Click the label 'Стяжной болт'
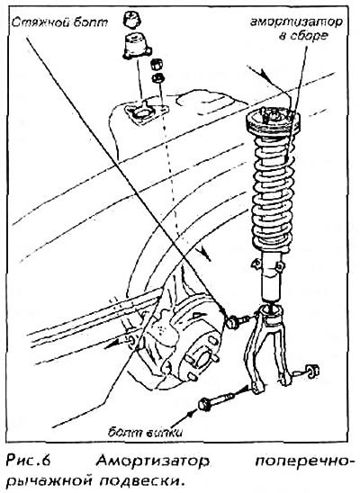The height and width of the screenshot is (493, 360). point(59,23)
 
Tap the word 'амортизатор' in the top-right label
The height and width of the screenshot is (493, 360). point(296,22)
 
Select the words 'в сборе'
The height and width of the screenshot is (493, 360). point(303,35)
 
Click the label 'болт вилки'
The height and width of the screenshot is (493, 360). point(145,433)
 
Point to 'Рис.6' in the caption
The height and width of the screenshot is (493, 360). point(28,462)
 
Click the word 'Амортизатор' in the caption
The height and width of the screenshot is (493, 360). point(152,462)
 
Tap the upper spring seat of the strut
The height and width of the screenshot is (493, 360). point(273,122)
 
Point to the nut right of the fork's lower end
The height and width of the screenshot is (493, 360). point(312,371)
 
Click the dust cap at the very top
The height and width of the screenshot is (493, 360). point(131,20)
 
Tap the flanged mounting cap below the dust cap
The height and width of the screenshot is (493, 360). point(137,46)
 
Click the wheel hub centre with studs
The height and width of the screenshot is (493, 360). point(202,359)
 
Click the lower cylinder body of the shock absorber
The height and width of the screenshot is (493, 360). point(271,278)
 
